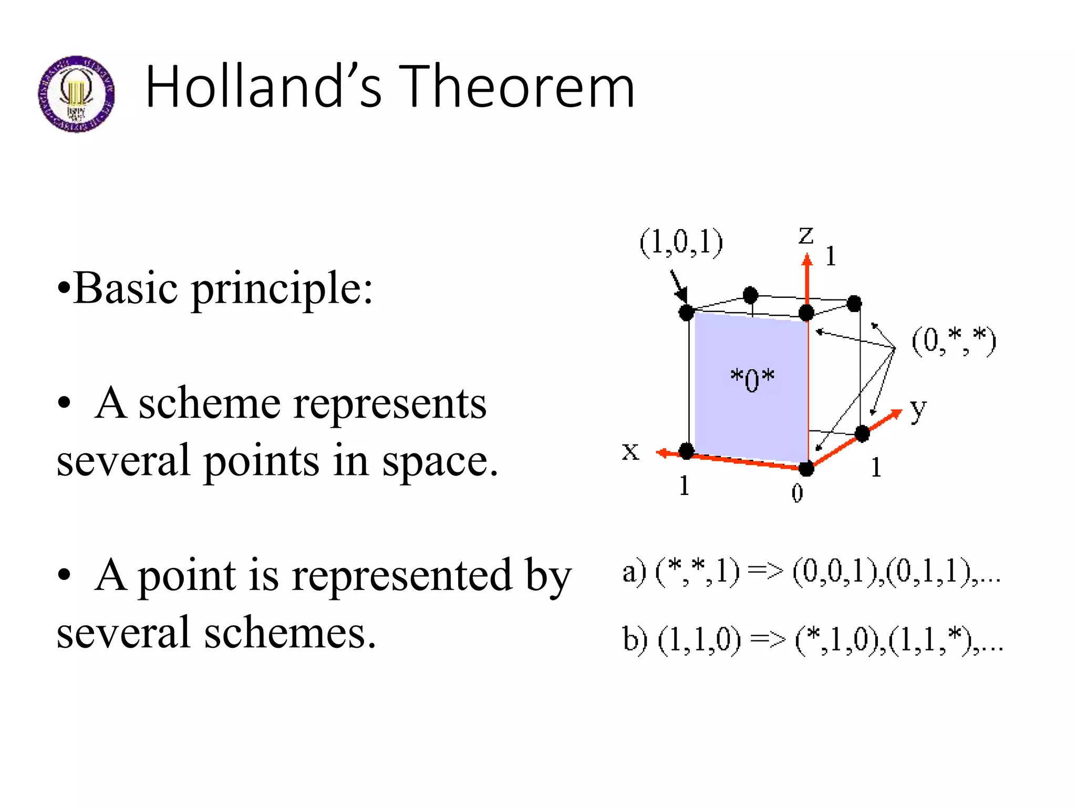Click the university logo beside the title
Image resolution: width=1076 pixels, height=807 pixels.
77,94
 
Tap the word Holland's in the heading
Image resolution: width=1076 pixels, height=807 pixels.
263,87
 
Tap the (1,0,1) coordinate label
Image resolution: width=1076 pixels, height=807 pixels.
681,243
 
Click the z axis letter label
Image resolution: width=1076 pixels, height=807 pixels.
806,235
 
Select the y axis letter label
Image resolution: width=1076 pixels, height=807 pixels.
918,410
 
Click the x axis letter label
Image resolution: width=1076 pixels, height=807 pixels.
630,451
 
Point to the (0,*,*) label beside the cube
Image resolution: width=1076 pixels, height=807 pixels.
953,342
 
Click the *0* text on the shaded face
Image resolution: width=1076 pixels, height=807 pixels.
752,379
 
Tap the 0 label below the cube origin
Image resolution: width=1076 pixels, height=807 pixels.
797,493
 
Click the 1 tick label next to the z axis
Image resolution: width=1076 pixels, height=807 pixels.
830,256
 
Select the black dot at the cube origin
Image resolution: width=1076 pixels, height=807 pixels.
806,468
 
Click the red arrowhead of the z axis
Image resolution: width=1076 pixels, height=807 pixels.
807,260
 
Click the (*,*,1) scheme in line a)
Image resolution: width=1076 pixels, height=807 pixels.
697,572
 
